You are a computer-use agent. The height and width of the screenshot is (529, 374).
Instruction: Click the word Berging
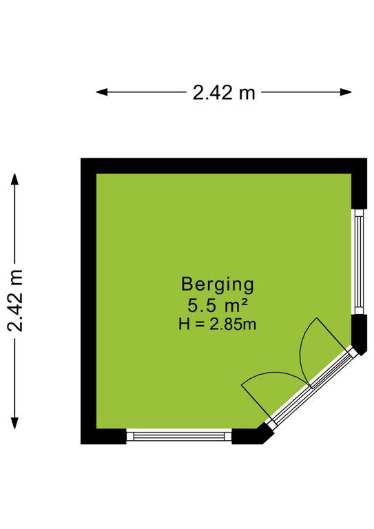point(218,285)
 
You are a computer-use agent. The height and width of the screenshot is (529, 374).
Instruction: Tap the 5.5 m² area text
point(218,307)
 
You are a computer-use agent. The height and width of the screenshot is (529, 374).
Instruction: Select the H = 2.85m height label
point(218,324)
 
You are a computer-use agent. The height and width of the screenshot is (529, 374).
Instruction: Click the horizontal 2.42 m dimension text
point(224,92)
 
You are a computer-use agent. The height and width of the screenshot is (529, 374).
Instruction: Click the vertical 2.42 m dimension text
point(16,300)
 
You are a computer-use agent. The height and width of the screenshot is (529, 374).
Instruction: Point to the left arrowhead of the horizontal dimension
point(102,92)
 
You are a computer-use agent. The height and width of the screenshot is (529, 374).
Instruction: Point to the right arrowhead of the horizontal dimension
point(346,92)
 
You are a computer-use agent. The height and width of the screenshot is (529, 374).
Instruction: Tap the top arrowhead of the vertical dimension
point(14,179)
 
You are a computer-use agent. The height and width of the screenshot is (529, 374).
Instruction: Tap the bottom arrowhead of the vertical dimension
point(14,423)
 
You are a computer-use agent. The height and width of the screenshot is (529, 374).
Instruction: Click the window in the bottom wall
point(179,436)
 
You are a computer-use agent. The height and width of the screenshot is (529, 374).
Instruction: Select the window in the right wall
point(360,262)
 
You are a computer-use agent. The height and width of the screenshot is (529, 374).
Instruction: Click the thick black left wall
point(89,301)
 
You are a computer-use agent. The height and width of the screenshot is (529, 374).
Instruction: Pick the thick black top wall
point(224,166)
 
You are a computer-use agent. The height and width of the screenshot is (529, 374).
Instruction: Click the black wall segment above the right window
point(359,191)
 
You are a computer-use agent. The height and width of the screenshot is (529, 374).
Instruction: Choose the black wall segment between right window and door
point(360,333)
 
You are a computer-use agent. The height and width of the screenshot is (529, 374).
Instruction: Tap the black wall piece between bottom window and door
point(251,435)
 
